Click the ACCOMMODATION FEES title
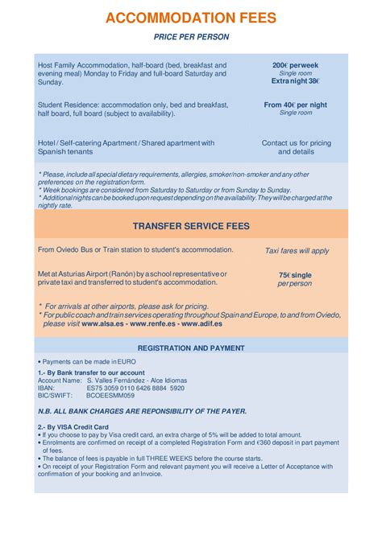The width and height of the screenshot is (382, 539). pos(191,18)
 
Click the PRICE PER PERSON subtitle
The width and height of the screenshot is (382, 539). pos(191,37)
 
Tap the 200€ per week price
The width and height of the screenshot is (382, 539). pos(296,64)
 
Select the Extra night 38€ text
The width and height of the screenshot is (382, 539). pos(296,81)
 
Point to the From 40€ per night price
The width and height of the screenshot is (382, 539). pos(296,105)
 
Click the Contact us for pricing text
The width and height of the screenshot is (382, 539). pos(296,143)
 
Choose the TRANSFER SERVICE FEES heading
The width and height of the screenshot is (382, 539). pos(191,227)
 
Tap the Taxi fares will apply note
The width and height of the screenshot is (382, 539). pos(297,251)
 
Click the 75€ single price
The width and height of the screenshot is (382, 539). pos(296,275)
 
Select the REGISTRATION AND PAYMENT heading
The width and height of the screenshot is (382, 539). pos(191,348)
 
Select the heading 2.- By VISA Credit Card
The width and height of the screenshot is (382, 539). pos(73,426)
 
